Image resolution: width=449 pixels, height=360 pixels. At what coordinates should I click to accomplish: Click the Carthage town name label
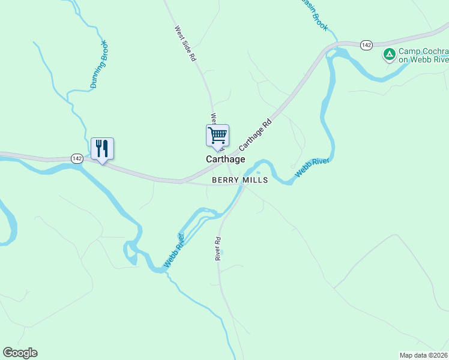point(225,160)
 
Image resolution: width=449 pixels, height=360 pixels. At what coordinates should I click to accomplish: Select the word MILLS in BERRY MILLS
point(255,180)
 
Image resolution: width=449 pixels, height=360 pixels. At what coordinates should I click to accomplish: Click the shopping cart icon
point(217,136)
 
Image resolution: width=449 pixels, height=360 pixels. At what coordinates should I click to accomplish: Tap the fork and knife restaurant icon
point(102,148)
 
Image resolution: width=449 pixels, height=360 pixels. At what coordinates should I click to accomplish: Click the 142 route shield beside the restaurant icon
point(76,158)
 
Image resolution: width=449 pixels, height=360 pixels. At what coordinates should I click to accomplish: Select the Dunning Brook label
point(99,64)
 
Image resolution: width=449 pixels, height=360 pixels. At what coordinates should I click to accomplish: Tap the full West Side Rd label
point(185,44)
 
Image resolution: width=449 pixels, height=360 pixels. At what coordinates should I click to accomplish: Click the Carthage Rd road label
point(256,134)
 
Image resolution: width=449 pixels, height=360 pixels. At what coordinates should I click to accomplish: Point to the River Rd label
point(218,248)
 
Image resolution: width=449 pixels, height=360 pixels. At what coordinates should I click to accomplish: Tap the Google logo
point(20,353)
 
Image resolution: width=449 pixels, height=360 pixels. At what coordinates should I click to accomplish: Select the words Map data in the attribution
point(414,355)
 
